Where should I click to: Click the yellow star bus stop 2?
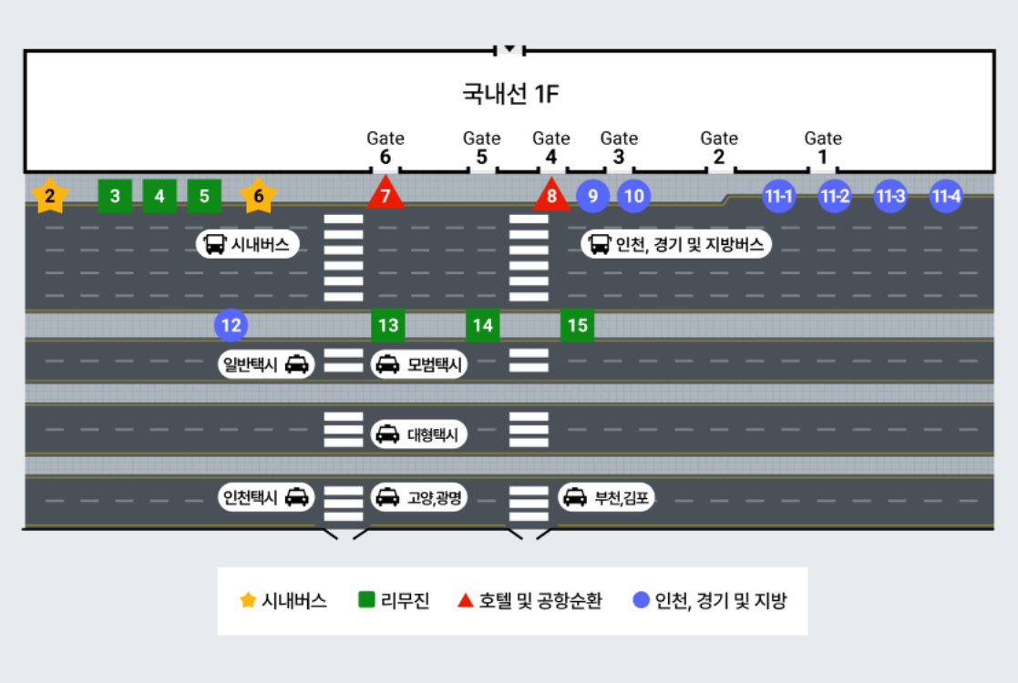click(50, 196)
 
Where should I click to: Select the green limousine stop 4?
click(159, 196)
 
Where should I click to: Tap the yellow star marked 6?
click(259, 196)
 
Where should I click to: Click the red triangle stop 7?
click(386, 195)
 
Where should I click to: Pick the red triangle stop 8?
click(550, 195)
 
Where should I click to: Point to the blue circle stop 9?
click(592, 196)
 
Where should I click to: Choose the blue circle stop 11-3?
click(890, 196)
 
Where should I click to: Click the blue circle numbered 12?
click(231, 325)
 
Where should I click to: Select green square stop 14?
click(482, 325)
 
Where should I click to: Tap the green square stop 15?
click(577, 325)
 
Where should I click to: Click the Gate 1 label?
click(822, 148)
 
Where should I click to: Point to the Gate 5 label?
click(481, 148)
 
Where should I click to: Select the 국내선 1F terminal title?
click(509, 94)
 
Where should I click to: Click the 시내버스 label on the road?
click(247, 244)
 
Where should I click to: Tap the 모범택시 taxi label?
click(419, 365)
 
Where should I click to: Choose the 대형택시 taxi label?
click(419, 435)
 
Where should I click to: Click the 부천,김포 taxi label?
click(606, 497)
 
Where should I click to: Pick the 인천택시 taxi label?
click(265, 497)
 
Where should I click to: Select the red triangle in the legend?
click(465, 600)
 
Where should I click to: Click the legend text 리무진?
click(405, 601)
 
